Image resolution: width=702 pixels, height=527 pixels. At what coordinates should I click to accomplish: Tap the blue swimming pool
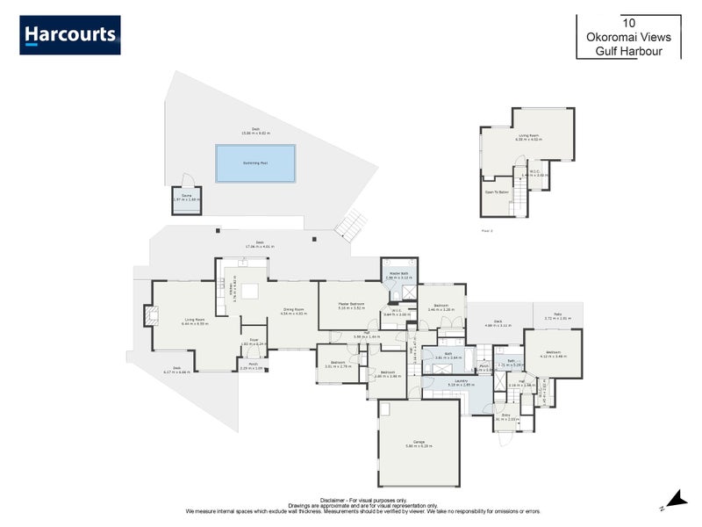coord(255,163)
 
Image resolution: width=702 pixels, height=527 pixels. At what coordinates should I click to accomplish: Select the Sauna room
coord(185,200)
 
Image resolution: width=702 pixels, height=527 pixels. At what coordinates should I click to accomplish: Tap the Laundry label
coord(461,381)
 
